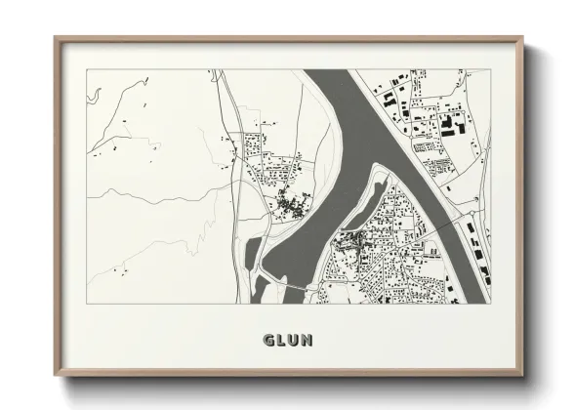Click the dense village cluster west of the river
(x=290, y=204)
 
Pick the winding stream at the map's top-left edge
(x=95, y=96)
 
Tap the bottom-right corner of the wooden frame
(x=524, y=376)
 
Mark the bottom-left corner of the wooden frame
(x=56, y=376)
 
